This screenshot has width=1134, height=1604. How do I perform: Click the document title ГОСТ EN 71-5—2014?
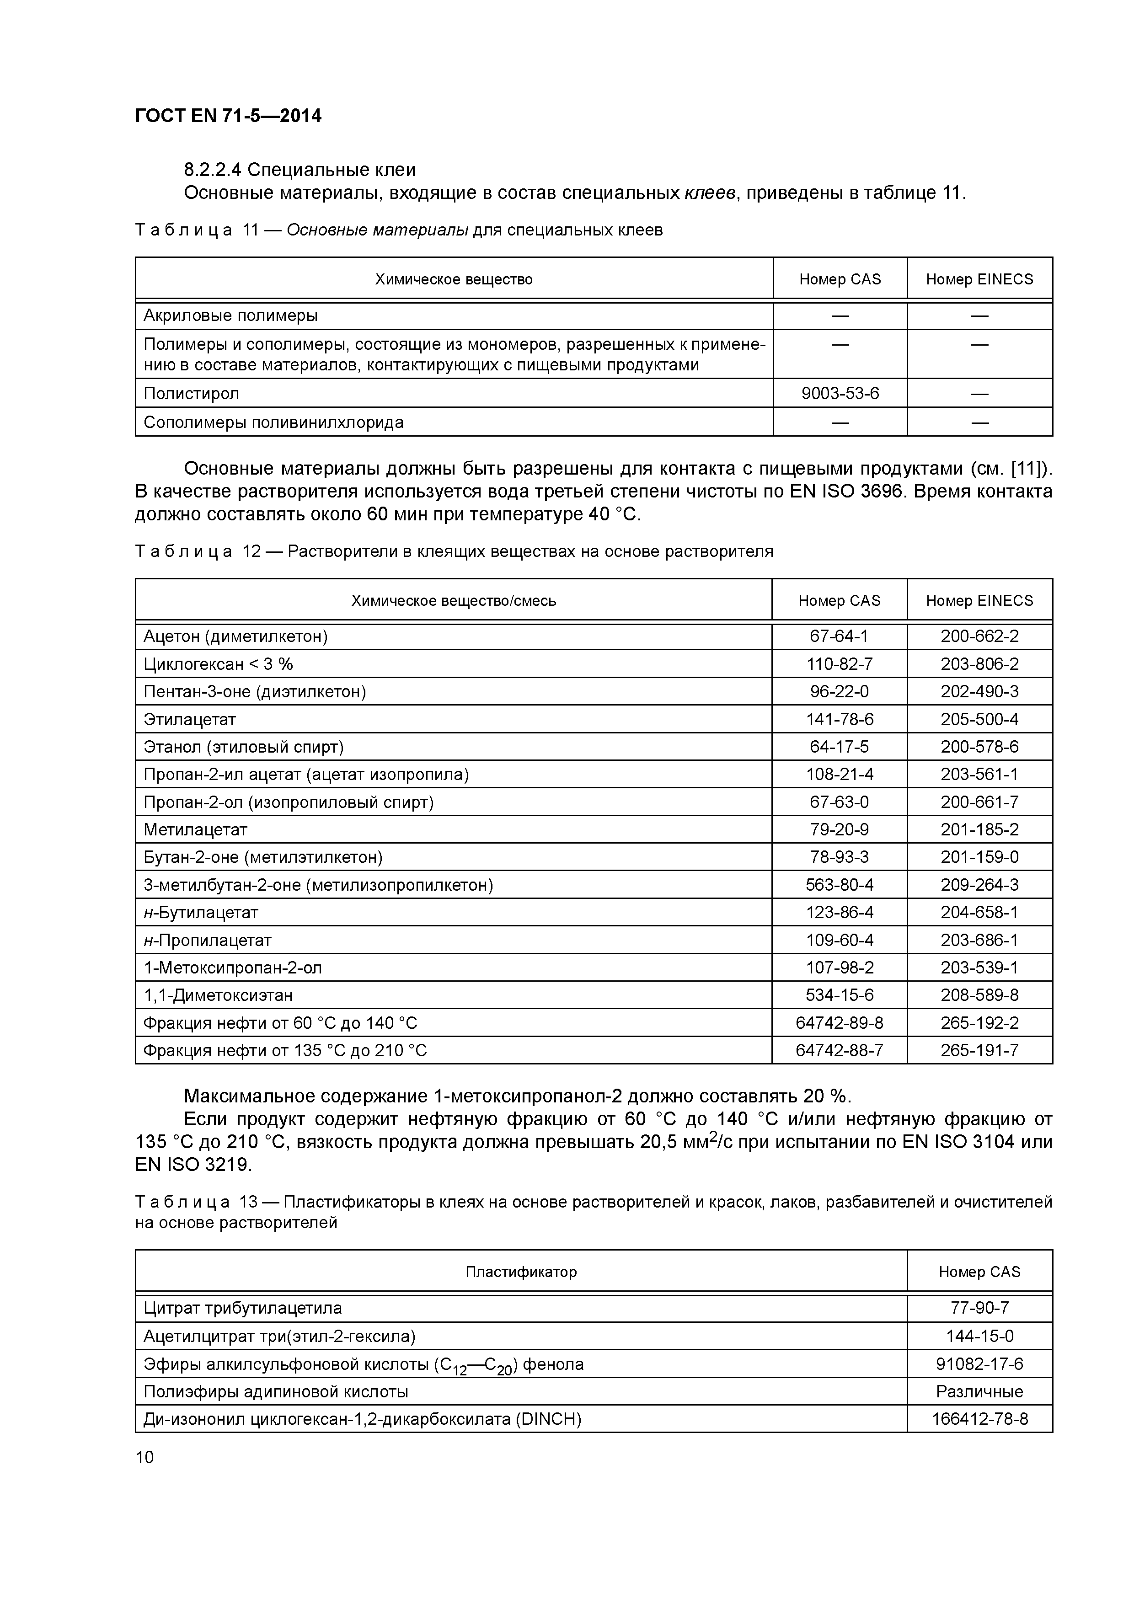tap(228, 116)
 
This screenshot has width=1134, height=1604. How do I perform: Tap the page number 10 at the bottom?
tap(144, 1457)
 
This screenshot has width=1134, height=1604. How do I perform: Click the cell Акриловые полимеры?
tap(230, 316)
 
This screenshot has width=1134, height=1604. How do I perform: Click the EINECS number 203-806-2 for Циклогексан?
tap(979, 663)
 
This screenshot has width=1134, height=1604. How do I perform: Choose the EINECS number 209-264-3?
tap(979, 884)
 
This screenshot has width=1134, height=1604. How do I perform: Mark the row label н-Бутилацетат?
tap(201, 912)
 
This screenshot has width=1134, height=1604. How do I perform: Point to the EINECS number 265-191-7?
tap(979, 1050)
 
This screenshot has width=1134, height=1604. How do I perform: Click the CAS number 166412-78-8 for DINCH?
tap(979, 1419)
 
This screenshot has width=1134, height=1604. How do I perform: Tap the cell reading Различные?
tap(979, 1392)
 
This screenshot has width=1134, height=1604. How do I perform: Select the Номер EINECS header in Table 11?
tap(979, 279)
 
